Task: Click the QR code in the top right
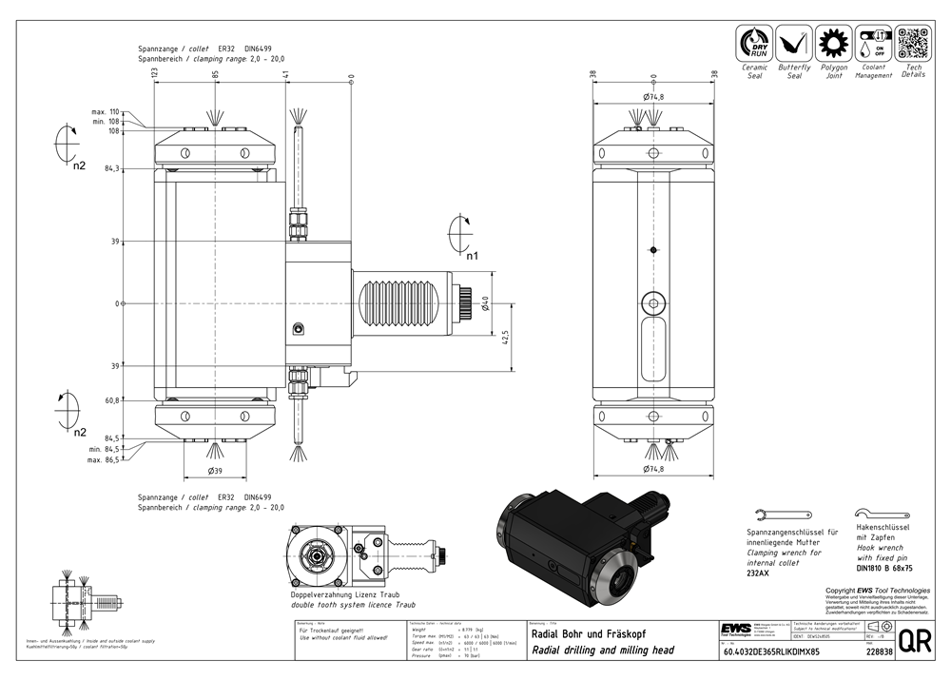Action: pos(911,45)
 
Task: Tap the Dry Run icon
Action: pos(754,45)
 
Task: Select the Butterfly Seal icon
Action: pos(793,45)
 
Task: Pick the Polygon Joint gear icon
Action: pos(833,45)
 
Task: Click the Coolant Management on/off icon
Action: pos(872,45)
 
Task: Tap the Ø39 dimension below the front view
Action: pos(216,470)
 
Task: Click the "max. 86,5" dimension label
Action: pos(104,459)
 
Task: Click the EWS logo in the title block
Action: pos(733,630)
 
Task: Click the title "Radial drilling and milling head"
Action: pos(603,651)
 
